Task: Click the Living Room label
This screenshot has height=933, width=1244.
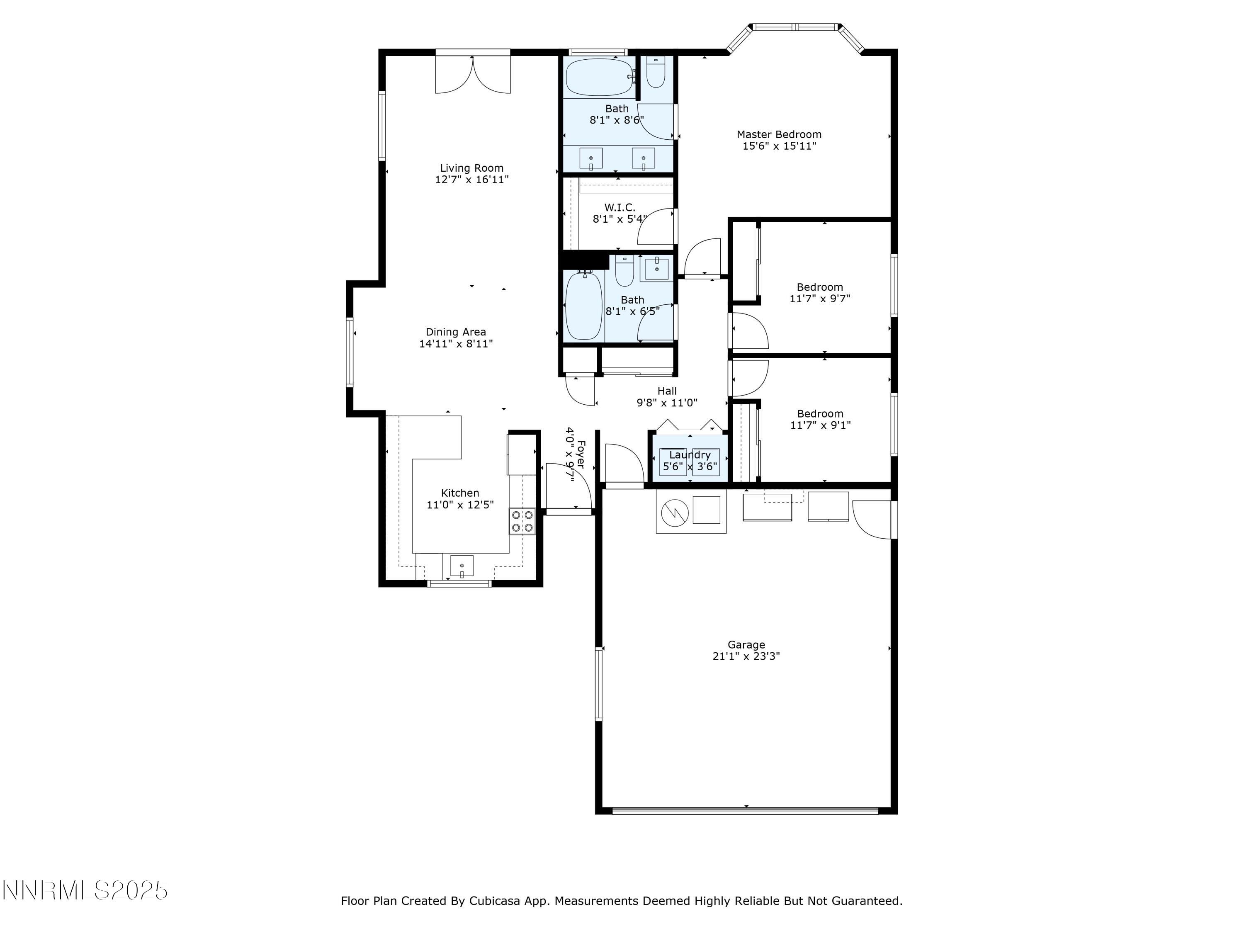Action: [471, 168]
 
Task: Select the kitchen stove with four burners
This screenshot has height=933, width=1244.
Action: [522, 521]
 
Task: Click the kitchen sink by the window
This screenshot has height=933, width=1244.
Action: [462, 565]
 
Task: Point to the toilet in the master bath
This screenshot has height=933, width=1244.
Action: [656, 73]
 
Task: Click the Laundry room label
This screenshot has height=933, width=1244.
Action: [690, 454]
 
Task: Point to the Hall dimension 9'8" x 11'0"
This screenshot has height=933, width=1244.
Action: [667, 403]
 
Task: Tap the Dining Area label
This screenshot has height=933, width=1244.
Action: [456, 332]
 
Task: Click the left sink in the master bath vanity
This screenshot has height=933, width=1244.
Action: [591, 158]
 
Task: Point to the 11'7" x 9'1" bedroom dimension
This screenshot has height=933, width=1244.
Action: [820, 425]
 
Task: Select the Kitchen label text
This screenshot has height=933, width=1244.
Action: [459, 493]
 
